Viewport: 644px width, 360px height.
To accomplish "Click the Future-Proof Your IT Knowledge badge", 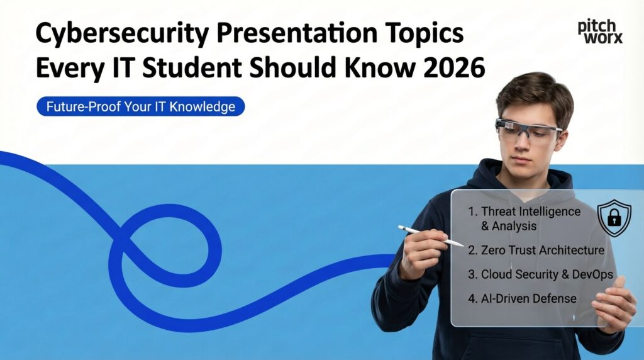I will coord(140,106).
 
